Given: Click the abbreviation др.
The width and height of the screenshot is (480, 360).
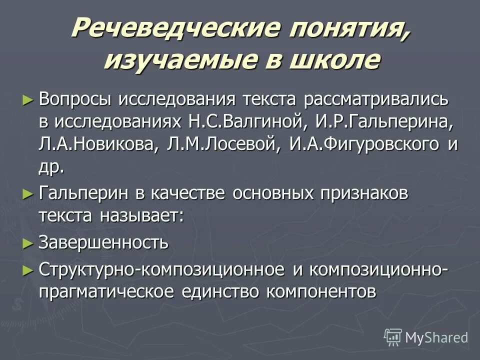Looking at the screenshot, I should tap(51, 167).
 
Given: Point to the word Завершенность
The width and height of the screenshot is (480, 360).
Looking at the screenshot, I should tap(103, 243).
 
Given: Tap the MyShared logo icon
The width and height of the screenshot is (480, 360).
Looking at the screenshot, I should tap(393, 337).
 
